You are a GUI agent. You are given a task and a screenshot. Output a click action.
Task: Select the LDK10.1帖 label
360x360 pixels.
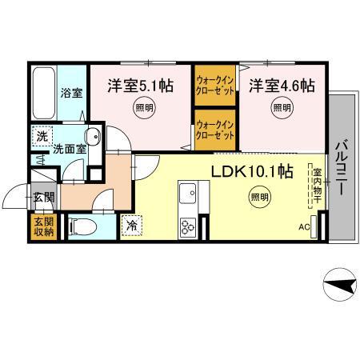tap(251, 170)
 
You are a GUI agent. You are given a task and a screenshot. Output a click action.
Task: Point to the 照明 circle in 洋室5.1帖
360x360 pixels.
tap(142, 108)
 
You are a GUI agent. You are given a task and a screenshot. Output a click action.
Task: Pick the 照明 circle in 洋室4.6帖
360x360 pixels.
tap(281, 107)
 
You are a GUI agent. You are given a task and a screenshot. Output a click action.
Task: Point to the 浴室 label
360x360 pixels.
tap(72, 93)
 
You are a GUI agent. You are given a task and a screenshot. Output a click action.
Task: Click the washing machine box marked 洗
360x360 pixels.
tap(42, 136)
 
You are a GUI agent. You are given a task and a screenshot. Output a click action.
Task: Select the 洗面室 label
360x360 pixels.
tap(69, 149)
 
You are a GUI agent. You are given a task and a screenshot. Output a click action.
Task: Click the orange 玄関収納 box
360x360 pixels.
tap(42, 227)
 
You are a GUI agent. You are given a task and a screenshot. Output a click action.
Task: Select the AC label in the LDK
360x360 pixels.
tap(304, 226)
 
